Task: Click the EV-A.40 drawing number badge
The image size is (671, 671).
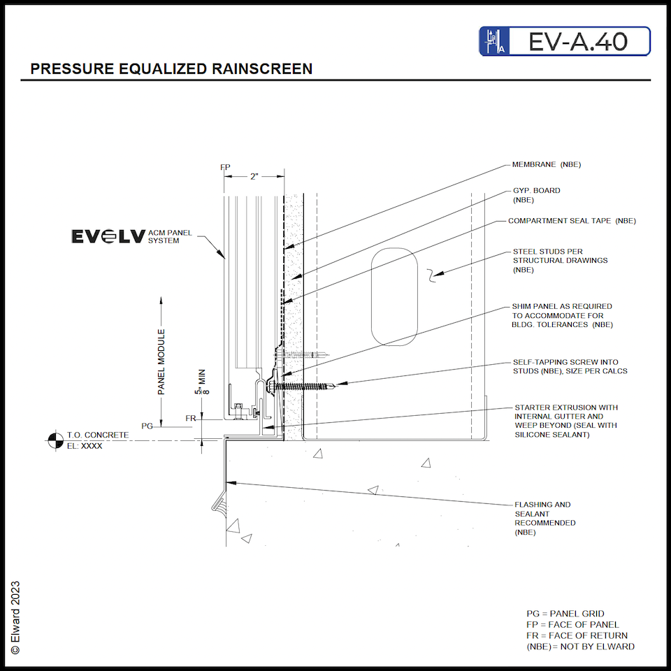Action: [565, 41]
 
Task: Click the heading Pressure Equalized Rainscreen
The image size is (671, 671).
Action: [171, 69]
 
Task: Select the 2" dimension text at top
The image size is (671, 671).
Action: [254, 177]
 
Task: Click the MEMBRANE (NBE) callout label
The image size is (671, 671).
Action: [547, 165]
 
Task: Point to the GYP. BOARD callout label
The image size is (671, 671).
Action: [536, 195]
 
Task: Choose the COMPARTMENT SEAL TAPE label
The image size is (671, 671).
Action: [572, 221]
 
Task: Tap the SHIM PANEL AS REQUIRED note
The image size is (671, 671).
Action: [563, 315]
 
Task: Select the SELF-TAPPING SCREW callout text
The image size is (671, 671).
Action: [570, 366]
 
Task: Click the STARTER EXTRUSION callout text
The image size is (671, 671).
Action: [566, 421]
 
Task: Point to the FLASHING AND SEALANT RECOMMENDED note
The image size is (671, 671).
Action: [545, 518]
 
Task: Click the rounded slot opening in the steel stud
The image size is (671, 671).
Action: [395, 296]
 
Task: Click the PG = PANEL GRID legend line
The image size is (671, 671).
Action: [565, 614]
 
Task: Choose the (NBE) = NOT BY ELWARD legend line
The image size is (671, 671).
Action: [580, 647]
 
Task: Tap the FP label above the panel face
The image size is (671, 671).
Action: [224, 168]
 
